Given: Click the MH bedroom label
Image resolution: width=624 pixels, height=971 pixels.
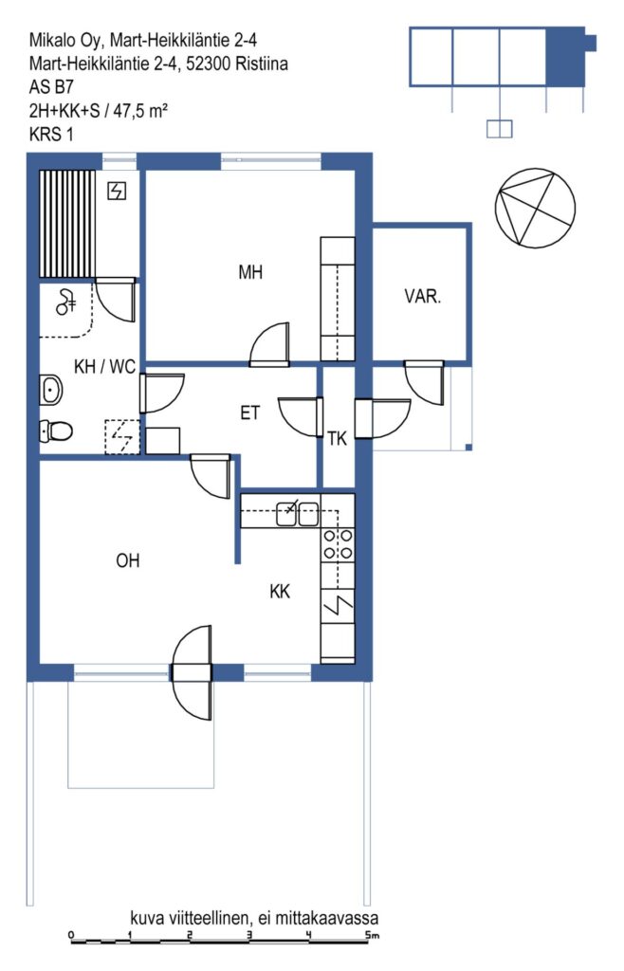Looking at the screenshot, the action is [x=250, y=272].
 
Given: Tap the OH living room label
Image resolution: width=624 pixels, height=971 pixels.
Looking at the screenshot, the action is [x=127, y=560].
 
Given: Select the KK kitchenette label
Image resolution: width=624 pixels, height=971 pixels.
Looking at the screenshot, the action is [x=280, y=592].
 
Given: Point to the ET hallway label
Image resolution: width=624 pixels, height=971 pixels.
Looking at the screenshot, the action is [x=249, y=412].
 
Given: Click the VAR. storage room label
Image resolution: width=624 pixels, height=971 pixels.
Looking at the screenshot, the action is [x=423, y=296].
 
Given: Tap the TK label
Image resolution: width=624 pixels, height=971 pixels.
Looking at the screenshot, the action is [x=338, y=439].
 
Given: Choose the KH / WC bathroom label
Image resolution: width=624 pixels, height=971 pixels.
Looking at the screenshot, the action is [x=104, y=367].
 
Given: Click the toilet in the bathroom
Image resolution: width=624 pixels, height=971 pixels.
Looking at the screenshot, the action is [x=56, y=430].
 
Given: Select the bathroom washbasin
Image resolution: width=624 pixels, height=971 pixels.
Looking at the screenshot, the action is [x=51, y=390].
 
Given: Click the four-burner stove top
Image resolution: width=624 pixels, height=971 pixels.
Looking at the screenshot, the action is [x=338, y=543].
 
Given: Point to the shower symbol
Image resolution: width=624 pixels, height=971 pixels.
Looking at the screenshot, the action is [x=65, y=302].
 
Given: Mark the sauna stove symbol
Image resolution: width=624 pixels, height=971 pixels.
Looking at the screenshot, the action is [x=117, y=191].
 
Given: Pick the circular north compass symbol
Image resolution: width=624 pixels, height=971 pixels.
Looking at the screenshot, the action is [x=536, y=208].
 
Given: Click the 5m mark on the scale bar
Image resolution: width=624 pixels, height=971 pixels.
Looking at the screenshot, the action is [x=371, y=936].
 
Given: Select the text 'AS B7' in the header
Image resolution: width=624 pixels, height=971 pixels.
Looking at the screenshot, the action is [x=51, y=86].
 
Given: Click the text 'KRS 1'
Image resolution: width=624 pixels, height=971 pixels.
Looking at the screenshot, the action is [x=51, y=134].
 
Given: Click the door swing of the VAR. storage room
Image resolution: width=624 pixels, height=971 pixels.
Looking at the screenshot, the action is [x=425, y=382].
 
